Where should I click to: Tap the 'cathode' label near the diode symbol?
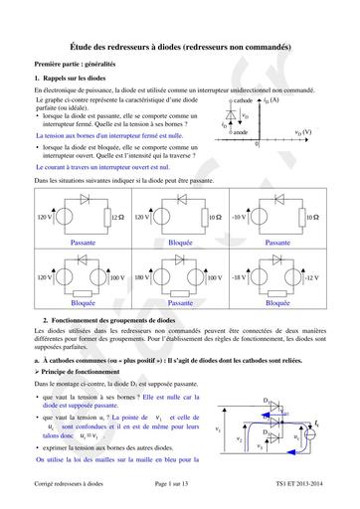(x=243, y=101)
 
